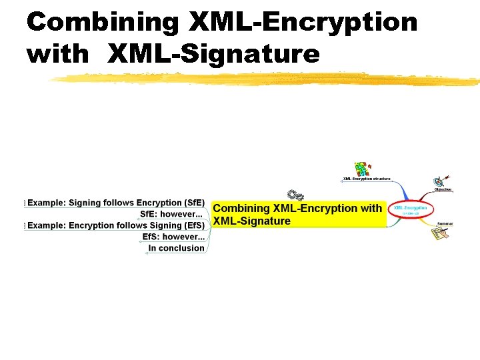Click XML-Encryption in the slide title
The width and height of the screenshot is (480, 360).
[303, 23]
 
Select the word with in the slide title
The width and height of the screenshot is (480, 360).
[58, 53]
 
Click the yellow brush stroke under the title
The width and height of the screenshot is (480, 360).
[267, 79]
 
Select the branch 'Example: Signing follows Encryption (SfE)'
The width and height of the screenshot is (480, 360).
[115, 203]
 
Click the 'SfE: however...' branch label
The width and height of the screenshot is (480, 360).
[171, 214]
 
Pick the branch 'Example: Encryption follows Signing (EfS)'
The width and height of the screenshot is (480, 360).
[115, 225]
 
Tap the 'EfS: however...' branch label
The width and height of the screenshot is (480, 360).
[173, 237]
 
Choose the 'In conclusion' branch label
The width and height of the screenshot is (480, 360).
[176, 248]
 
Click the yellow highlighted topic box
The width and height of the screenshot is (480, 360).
[298, 215]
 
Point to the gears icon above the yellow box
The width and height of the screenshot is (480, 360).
[295, 195]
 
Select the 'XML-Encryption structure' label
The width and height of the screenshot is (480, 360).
[367, 179]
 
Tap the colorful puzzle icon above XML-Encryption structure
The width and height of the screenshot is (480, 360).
[362, 168]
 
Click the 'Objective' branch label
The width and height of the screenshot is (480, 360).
[443, 189]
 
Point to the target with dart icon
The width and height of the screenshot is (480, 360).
[441, 180]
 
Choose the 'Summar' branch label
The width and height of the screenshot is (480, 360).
[445, 223]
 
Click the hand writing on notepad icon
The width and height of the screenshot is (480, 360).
[440, 233]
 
